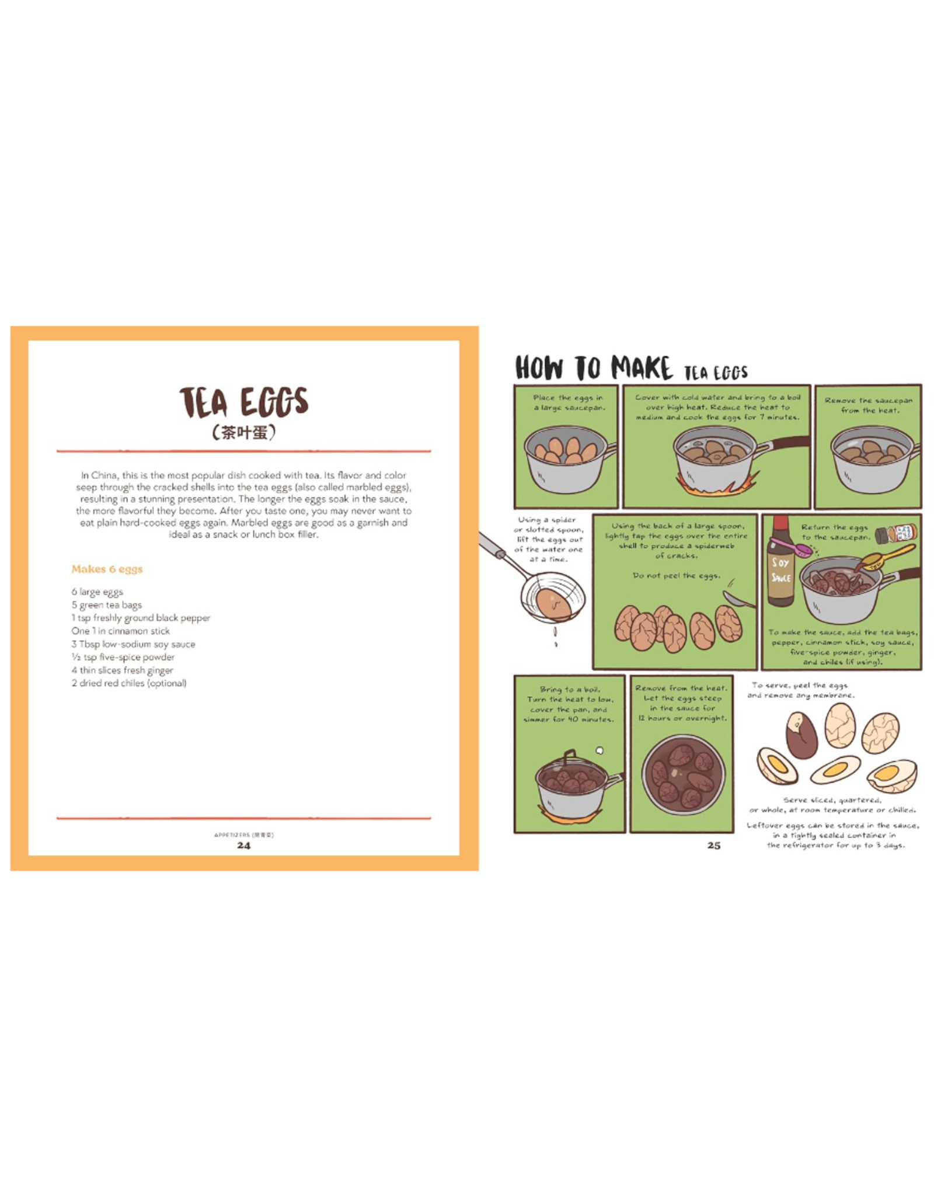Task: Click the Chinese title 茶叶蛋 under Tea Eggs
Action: point(243,433)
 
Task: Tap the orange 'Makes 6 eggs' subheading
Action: point(107,569)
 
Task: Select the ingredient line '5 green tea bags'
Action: point(107,605)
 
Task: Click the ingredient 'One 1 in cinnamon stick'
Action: point(121,631)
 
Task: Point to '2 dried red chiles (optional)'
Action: point(129,683)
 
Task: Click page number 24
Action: point(243,845)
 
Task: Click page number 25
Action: point(713,845)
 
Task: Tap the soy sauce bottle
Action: point(780,563)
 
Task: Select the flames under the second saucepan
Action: point(717,484)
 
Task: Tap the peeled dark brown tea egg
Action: point(800,735)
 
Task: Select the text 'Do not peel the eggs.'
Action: point(677,576)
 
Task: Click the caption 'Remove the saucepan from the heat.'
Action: point(869,405)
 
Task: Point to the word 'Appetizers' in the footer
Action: point(231,835)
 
